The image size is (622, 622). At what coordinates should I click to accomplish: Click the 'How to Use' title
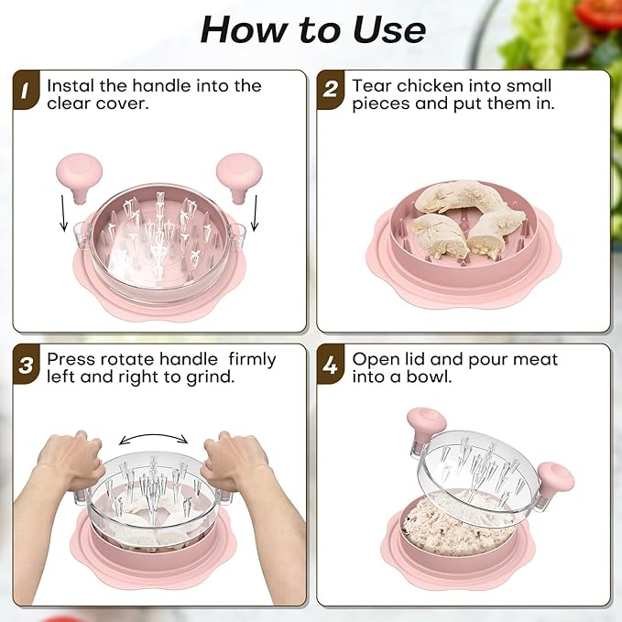tap(312, 30)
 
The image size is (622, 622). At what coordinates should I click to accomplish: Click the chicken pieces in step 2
tap(467, 220)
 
